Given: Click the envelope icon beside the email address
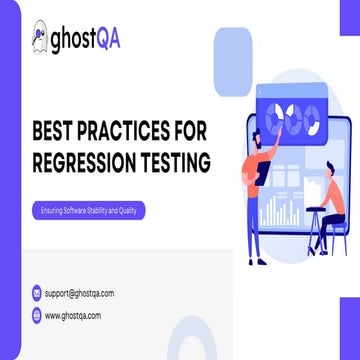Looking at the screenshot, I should coord(36,293).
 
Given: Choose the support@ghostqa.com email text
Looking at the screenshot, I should coord(79,293).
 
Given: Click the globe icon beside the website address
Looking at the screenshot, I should coord(36,315).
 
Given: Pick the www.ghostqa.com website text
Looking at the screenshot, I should coord(73,315).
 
